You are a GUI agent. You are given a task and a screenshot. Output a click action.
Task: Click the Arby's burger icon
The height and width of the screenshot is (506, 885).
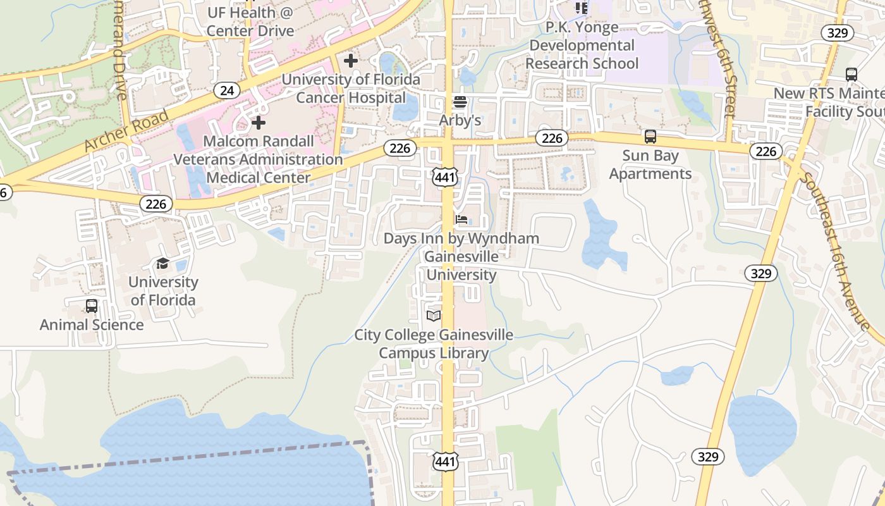tap(460, 102)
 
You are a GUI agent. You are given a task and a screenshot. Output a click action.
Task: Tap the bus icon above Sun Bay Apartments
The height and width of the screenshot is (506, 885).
tap(650, 137)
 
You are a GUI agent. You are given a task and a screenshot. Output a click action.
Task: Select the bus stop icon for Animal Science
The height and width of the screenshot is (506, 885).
tap(92, 306)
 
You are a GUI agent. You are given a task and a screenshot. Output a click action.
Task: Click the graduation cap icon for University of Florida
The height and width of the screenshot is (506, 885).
tap(162, 264)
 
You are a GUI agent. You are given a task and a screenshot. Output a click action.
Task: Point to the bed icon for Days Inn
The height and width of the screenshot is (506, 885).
tap(462, 219)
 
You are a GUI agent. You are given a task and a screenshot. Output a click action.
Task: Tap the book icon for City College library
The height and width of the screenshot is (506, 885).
tap(434, 316)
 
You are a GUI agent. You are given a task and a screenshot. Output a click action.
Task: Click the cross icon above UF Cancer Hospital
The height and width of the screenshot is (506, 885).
tap(351, 61)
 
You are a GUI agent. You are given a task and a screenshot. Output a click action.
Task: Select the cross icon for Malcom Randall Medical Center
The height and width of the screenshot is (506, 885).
tap(259, 122)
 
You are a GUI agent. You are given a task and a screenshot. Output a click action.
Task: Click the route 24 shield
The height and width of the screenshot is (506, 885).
tap(227, 90)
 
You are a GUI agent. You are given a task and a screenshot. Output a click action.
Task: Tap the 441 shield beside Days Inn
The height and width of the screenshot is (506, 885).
tap(445, 177)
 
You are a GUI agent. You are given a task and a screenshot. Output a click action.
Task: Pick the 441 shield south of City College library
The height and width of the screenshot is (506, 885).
tap(445, 461)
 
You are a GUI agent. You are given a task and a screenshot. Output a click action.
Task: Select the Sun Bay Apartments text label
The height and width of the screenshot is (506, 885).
tap(650, 164)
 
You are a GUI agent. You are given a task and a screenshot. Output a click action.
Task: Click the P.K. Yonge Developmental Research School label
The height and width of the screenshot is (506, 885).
tap(582, 46)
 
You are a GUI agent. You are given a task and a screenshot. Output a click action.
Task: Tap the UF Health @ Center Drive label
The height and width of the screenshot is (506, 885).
tap(250, 22)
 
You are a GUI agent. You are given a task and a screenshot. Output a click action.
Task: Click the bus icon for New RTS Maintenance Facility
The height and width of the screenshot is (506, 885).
tap(851, 74)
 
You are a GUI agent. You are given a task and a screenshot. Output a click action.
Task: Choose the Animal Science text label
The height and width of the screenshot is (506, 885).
tap(92, 324)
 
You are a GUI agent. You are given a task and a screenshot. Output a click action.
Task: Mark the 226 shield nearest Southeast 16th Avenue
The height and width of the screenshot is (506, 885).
tap(766, 151)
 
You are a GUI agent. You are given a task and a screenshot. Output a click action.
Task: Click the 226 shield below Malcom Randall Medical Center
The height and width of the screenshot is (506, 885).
tap(156, 204)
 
